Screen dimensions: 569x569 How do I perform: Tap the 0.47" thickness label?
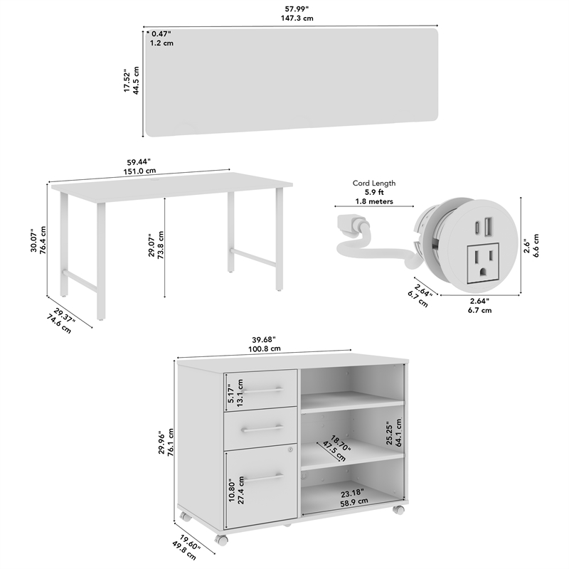click(160, 33)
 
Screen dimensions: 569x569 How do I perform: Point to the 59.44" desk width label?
click(141, 161)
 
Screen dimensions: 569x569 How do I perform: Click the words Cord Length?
click(374, 183)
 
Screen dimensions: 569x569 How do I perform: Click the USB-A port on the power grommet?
click(489, 228)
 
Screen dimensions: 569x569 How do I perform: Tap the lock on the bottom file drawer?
click(289, 450)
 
